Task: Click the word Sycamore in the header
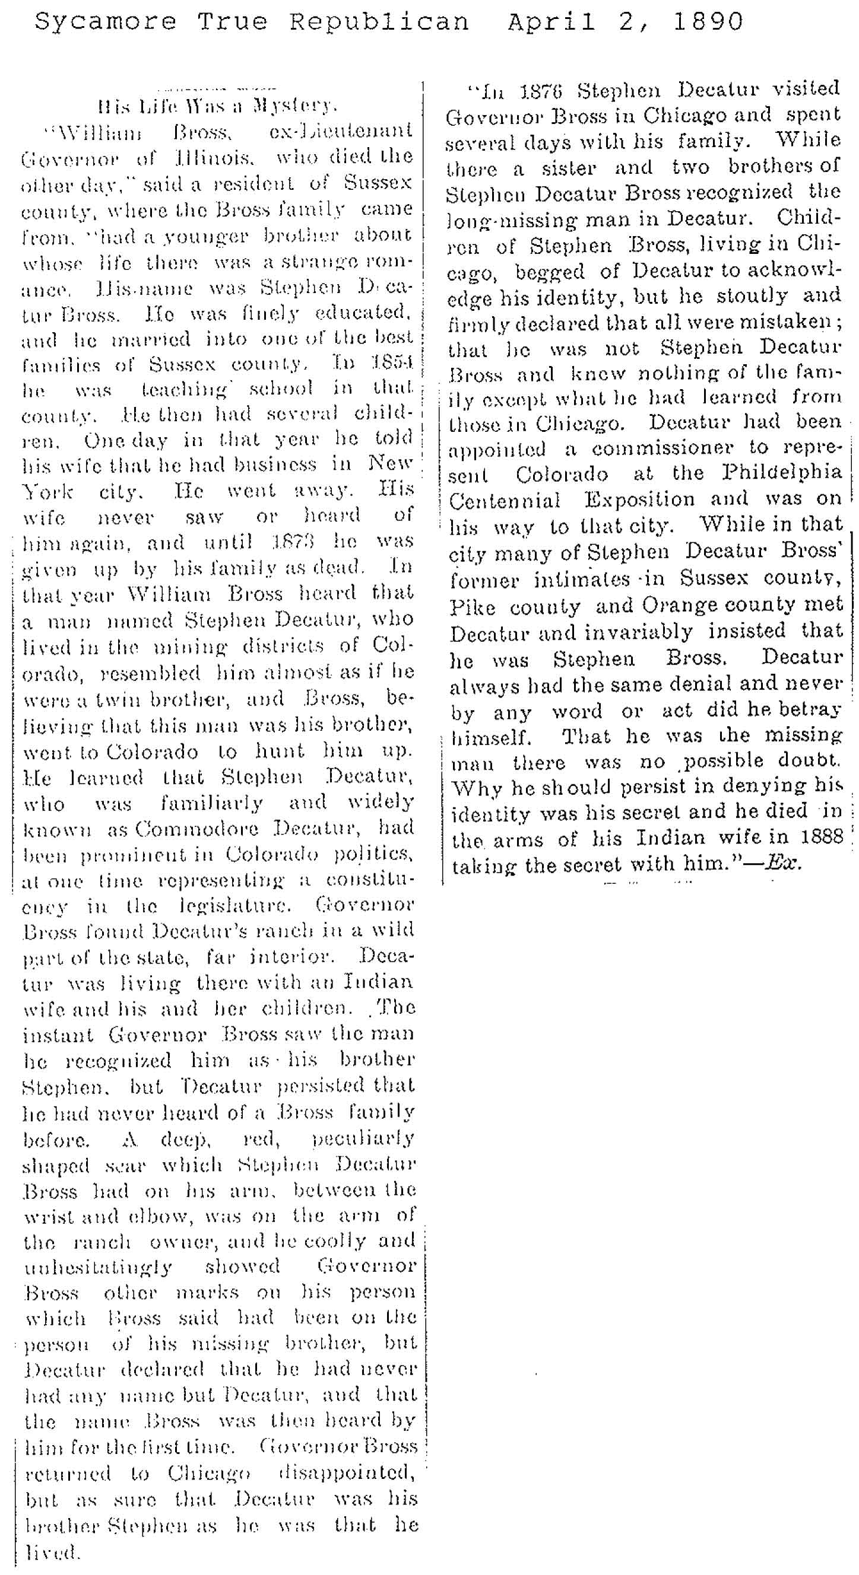click(105, 23)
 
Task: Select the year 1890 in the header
click(708, 23)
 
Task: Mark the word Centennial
click(504, 501)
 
